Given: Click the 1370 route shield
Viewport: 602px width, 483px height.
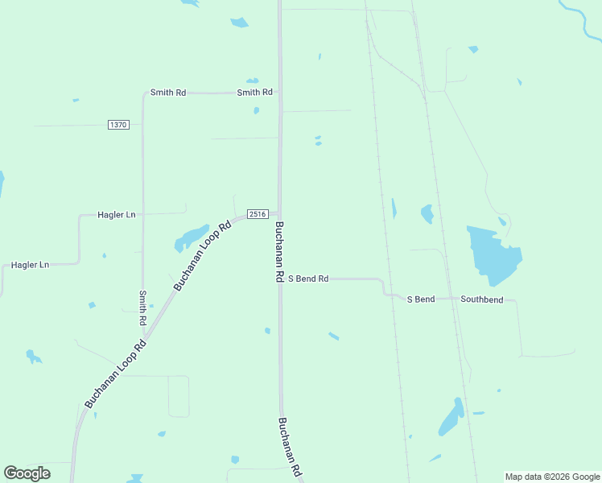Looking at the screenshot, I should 118,125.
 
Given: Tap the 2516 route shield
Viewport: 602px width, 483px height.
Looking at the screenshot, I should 258,213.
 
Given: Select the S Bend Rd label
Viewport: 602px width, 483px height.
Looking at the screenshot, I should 308,279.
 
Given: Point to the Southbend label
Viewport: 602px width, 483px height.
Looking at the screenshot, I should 482,299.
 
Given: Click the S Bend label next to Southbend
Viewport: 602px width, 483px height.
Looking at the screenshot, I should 420,299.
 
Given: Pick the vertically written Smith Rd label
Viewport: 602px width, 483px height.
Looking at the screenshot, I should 142,307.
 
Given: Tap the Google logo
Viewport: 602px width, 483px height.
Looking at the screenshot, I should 27,473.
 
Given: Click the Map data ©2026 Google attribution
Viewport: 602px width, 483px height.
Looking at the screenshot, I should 553,477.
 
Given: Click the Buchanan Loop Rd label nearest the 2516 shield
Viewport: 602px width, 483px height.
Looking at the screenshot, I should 202,255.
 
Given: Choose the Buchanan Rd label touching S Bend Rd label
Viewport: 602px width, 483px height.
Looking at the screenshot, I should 278,251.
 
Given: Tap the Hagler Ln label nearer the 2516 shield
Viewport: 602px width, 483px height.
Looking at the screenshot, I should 117,215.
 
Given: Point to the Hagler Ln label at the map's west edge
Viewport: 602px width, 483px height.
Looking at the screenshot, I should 30,265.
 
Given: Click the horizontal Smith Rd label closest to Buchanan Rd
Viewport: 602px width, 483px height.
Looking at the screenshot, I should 254,93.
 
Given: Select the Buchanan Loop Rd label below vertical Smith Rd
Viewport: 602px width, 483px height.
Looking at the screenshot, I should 115,374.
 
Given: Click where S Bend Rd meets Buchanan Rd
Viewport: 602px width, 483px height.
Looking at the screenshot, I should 281,279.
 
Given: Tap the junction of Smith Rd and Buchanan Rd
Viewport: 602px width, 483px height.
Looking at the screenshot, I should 280,93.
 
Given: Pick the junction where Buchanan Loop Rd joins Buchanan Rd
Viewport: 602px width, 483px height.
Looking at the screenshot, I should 279,213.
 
